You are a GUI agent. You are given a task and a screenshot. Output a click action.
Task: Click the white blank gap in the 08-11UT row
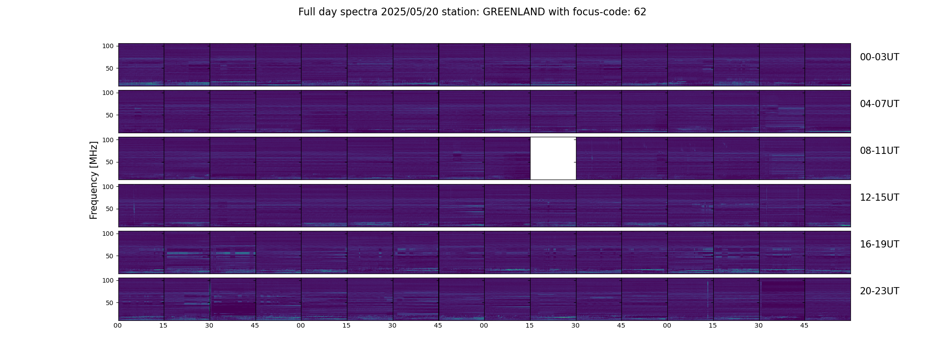[553, 158]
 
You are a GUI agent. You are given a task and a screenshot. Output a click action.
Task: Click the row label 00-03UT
[879, 57]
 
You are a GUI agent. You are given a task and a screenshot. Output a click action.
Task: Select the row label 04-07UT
[879, 104]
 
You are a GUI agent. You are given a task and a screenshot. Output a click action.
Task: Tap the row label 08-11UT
[879, 151]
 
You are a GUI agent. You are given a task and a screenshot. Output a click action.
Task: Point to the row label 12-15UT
[879, 198]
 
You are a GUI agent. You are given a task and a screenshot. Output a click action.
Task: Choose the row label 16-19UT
[879, 244]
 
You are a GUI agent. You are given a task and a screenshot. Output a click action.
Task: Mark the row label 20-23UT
[879, 291]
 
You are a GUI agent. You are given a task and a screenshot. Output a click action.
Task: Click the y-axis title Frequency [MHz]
[94, 180]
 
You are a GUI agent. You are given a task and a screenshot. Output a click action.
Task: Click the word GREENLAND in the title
[514, 12]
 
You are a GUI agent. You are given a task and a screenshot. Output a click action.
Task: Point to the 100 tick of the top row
[108, 46]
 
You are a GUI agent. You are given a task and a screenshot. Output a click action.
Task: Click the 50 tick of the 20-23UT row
[110, 303]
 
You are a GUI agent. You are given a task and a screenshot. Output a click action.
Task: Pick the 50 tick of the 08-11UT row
[110, 162]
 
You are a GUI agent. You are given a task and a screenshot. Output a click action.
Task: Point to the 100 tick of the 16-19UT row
[108, 234]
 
